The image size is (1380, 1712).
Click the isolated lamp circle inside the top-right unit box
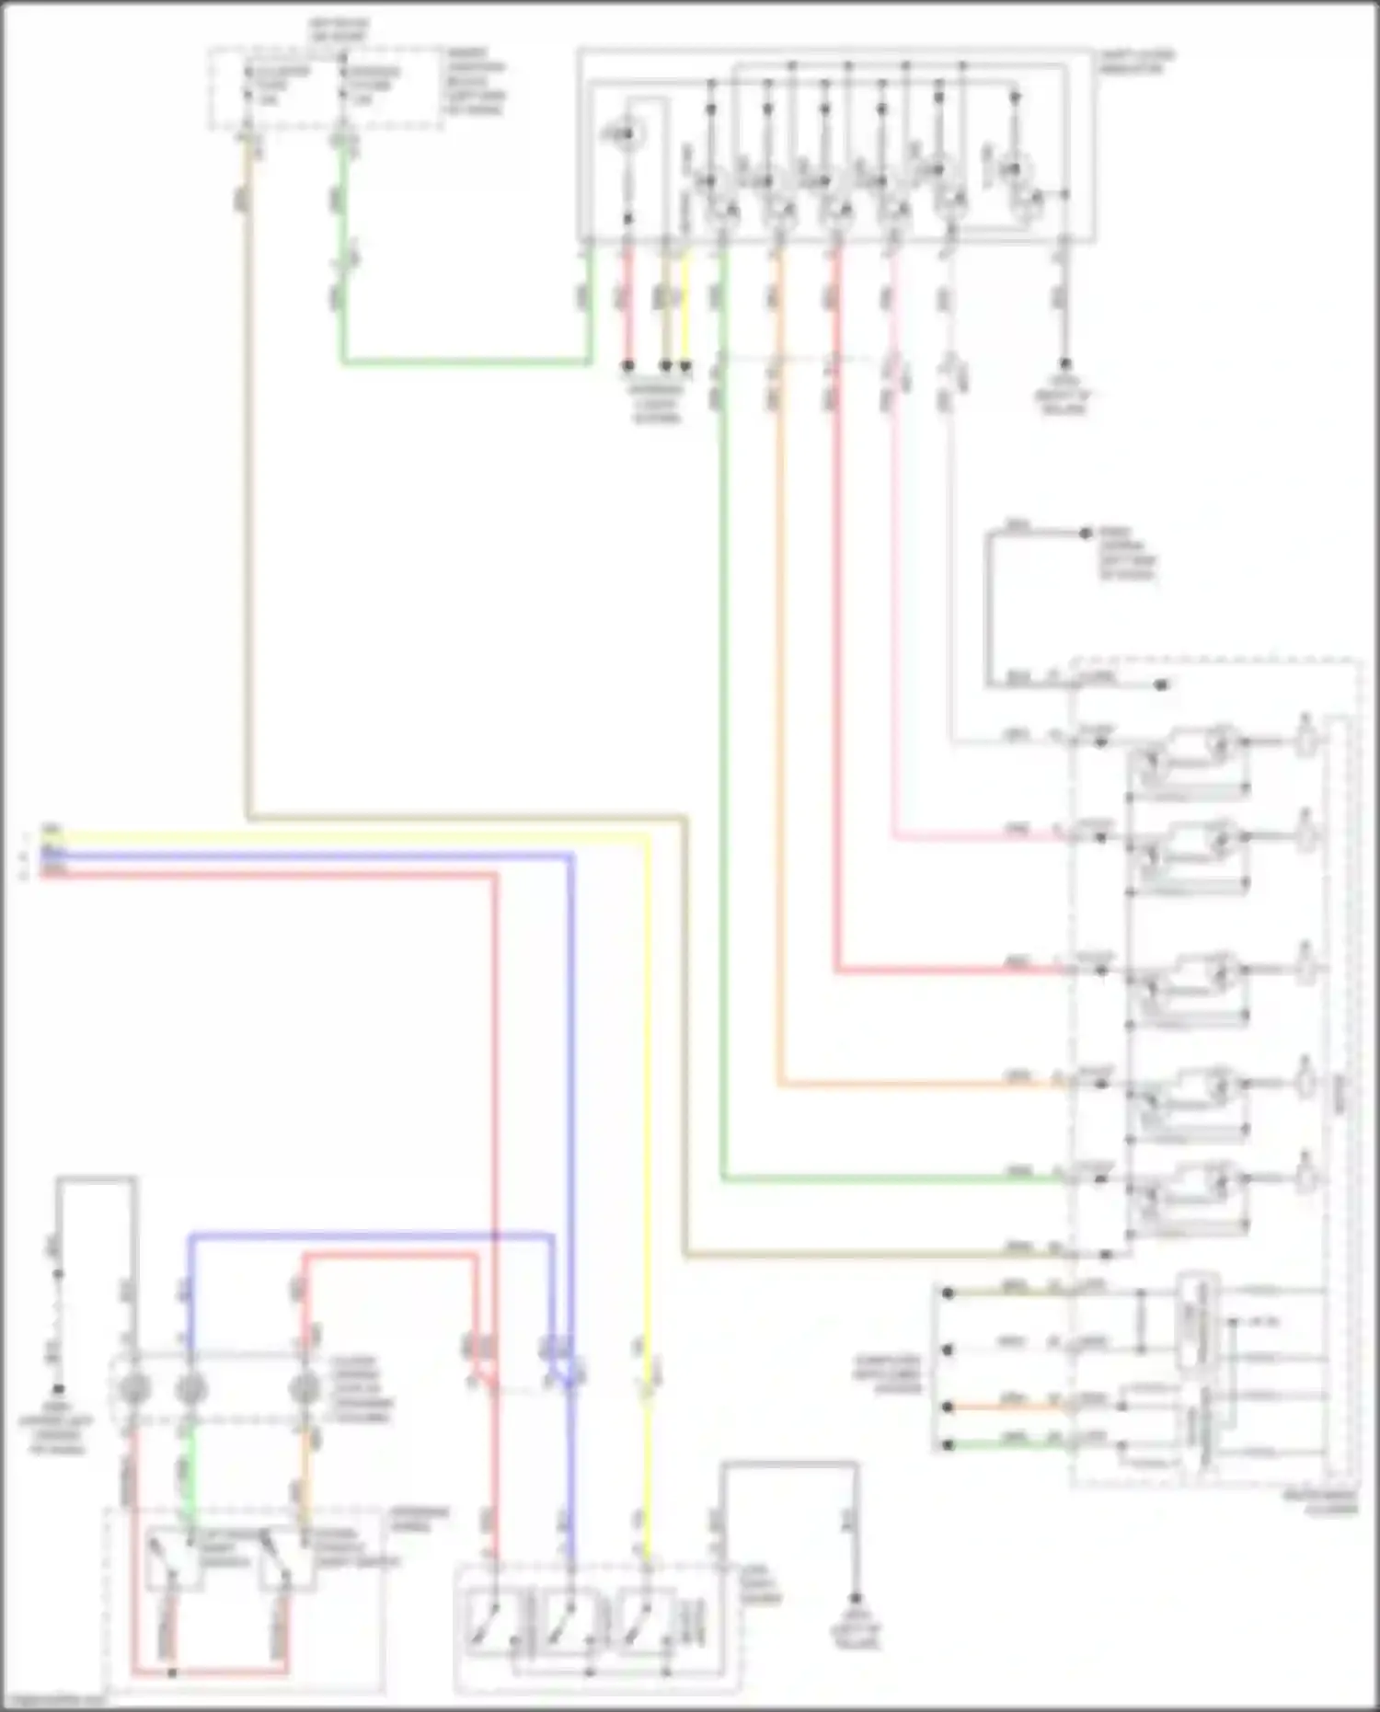[x=625, y=136]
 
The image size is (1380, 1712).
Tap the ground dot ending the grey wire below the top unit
[x=1064, y=364]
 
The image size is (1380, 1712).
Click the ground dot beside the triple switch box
[x=855, y=1600]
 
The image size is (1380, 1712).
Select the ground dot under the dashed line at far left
[x=58, y=1389]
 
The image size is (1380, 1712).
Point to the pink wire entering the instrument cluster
[x=975, y=838]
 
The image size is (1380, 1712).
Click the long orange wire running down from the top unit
[x=780, y=736]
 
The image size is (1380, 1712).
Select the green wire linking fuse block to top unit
[x=460, y=362]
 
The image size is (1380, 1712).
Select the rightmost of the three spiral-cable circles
[x=303, y=1388]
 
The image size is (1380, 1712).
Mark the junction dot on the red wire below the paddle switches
[x=172, y=1671]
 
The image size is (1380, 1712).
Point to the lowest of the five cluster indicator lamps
[x=1306, y=1178]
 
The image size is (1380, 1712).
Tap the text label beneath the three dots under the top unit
[x=656, y=402]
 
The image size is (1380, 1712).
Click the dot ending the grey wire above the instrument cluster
[x=1086, y=533]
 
